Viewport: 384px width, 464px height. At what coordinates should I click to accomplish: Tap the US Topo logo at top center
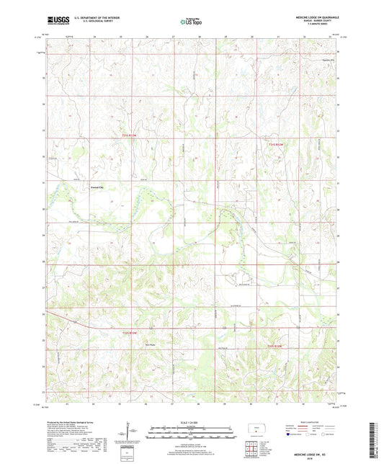[x=189, y=22]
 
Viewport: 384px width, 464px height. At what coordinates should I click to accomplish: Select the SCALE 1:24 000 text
[x=191, y=422]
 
